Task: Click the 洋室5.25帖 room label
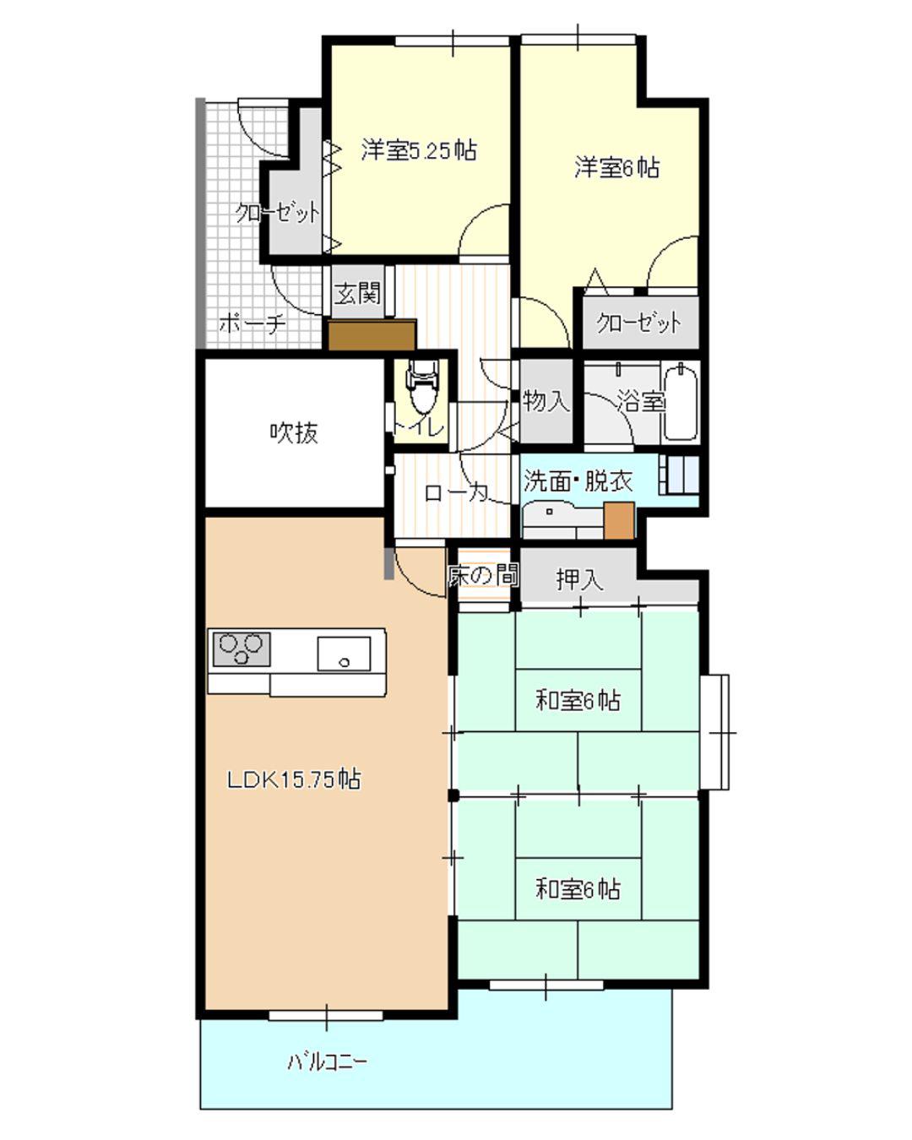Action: (418, 150)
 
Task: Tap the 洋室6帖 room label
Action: (617, 167)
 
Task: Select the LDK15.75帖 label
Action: (294, 779)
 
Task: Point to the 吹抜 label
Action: (294, 433)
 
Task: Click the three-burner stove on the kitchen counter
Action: (242, 649)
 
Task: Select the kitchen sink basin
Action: (344, 654)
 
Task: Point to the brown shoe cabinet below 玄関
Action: (372, 334)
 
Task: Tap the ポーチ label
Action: (252, 323)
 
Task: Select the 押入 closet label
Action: (580, 579)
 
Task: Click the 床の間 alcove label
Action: (483, 576)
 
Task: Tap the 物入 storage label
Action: (546, 401)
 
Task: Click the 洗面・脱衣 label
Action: (578, 481)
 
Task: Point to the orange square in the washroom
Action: (619, 520)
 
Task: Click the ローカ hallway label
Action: (456, 493)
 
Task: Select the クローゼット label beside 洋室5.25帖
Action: (278, 213)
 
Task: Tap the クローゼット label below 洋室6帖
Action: (638, 323)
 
